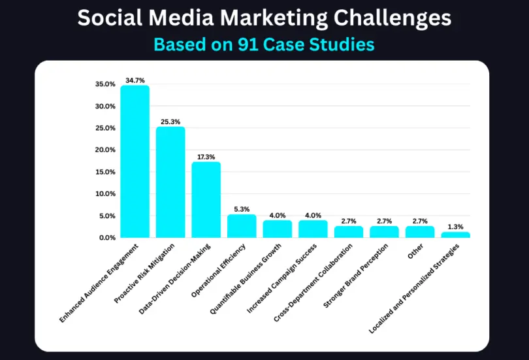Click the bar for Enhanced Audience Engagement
pyautogui.click(x=135, y=162)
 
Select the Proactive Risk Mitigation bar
pyautogui.click(x=170, y=182)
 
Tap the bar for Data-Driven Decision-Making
pyautogui.click(x=206, y=200)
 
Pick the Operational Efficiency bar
pyautogui.click(x=242, y=226)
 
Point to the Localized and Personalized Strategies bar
pyautogui.click(x=455, y=235)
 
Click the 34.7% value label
pyautogui.click(x=135, y=80)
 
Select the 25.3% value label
pyautogui.click(x=170, y=122)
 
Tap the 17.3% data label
pyautogui.click(x=206, y=157)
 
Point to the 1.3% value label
pyautogui.click(x=455, y=226)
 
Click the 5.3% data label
pyautogui.click(x=242, y=209)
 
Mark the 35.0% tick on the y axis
pyautogui.click(x=105, y=84)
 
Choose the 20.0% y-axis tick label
pyautogui.click(x=105, y=150)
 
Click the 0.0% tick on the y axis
pyautogui.click(x=107, y=238)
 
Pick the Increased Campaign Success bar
pyautogui.click(x=313, y=229)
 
